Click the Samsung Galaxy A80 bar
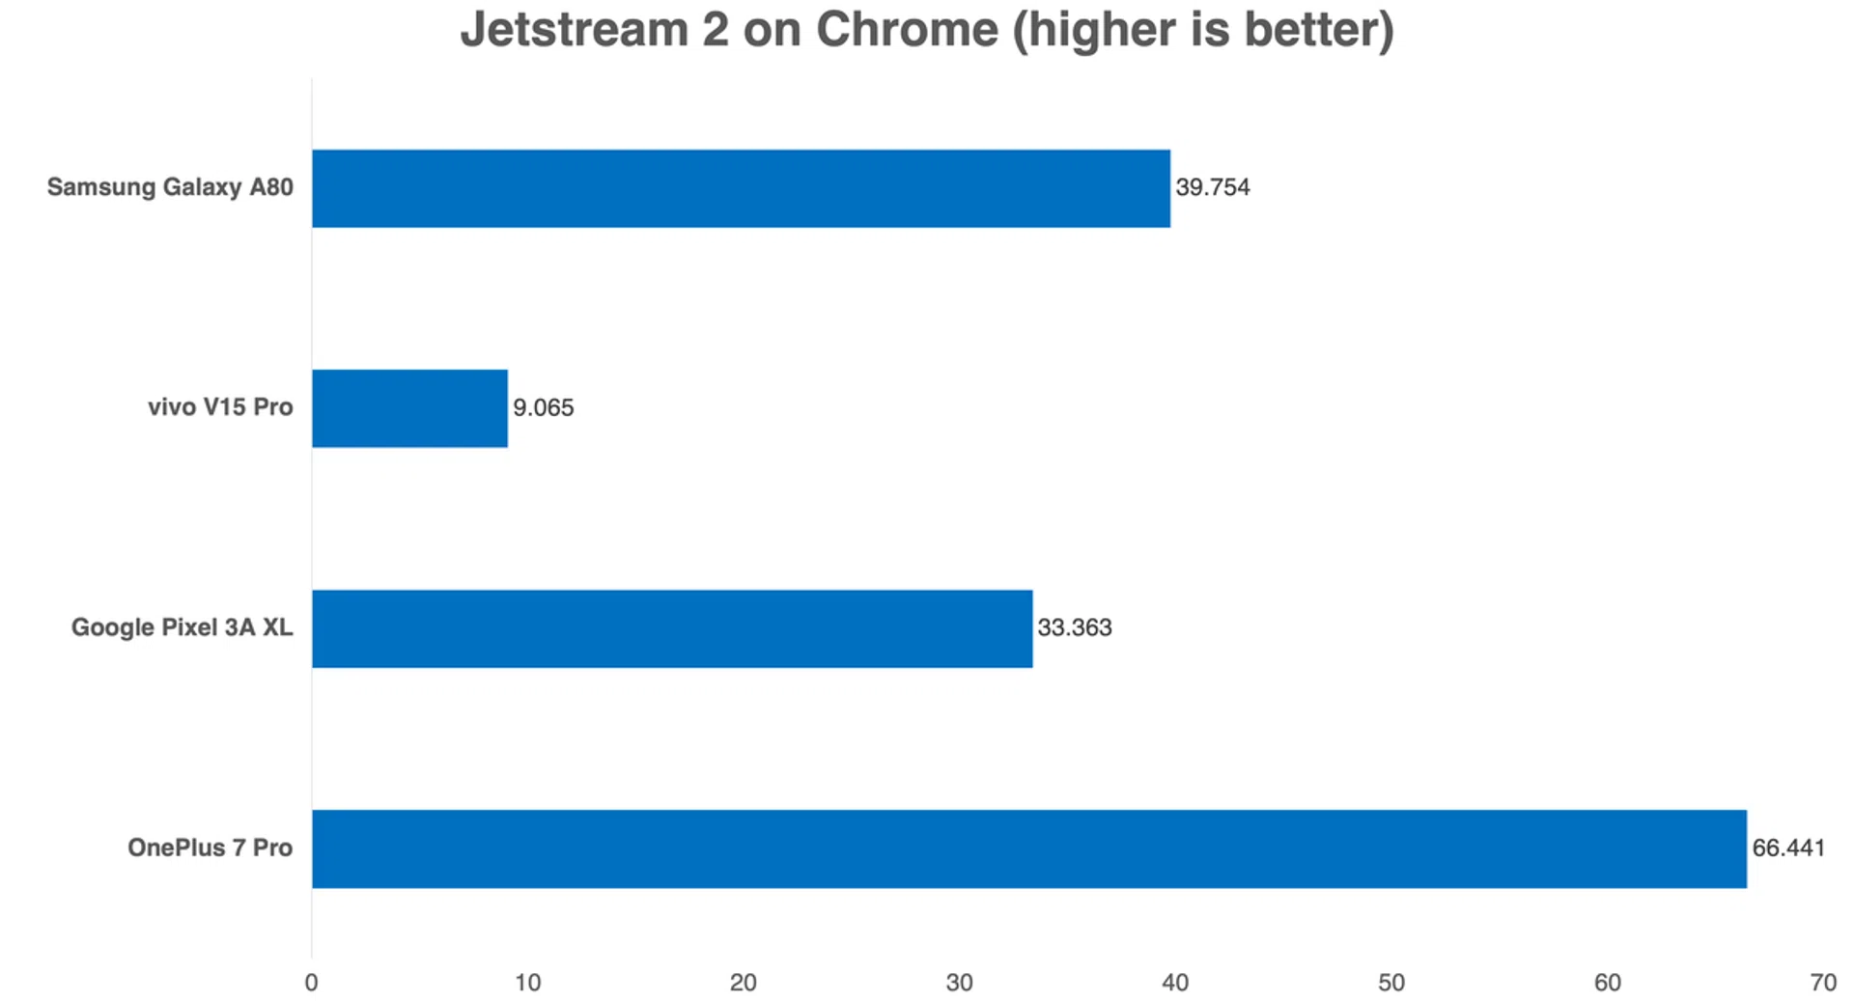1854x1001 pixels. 741,188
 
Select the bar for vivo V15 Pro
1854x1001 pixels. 409,408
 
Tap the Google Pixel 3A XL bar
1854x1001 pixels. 672,628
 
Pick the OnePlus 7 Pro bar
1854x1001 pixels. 1028,848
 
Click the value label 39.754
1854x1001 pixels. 1212,187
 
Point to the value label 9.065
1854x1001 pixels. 543,407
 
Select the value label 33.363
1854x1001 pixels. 1074,627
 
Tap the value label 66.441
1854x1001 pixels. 1788,848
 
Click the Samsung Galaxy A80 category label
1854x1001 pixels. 170,187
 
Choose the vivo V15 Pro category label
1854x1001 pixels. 220,407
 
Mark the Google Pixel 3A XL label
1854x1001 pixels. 182,627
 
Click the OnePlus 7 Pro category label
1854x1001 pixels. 210,848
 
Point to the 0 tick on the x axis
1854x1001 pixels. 311,983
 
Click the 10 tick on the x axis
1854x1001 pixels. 527,983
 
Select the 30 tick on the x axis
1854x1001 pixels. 959,983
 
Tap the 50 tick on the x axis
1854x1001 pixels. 1390,983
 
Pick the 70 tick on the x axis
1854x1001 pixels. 1822,983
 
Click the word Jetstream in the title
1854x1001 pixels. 574,29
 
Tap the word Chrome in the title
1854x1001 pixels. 907,29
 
